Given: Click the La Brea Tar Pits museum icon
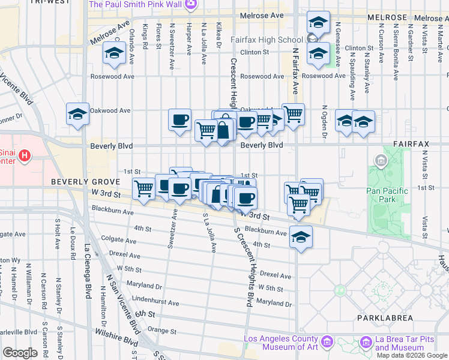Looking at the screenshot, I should [365, 343].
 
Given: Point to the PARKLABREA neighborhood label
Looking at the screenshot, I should [384, 316].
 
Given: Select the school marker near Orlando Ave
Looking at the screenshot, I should [113, 53].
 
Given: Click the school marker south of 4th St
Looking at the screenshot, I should [301, 237].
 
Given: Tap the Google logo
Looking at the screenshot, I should [20, 353].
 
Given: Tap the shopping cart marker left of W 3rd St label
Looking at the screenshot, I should [143, 190].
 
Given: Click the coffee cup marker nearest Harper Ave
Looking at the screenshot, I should [179, 120].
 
